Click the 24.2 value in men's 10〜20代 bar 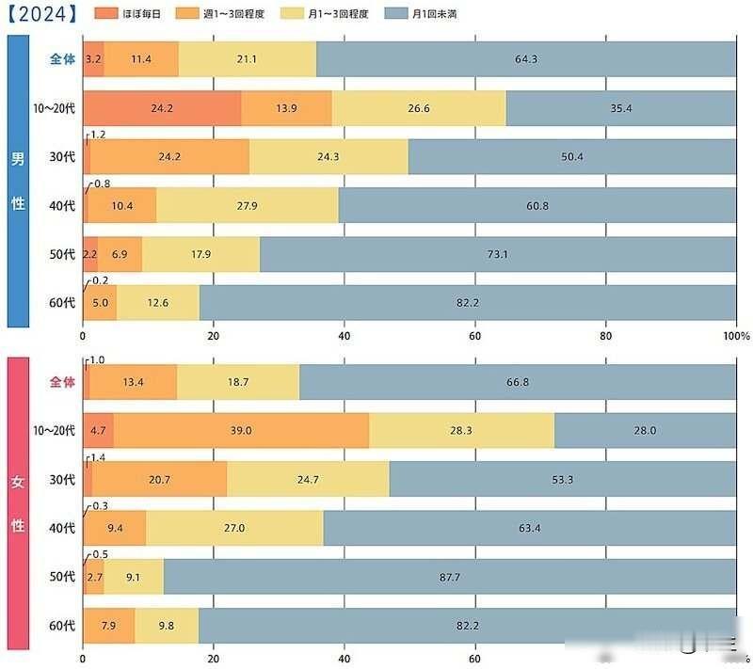162,108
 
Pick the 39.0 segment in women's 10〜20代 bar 241,431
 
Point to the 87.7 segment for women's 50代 450,577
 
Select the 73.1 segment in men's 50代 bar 499,254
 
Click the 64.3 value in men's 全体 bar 526,59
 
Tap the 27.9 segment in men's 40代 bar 248,205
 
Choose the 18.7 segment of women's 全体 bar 237,382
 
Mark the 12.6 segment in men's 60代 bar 157,302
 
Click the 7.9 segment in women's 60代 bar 108,626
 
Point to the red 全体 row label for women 62,382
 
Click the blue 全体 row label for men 62,59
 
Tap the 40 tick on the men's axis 344,336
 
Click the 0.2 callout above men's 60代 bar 101,280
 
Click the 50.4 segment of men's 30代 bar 572,156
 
